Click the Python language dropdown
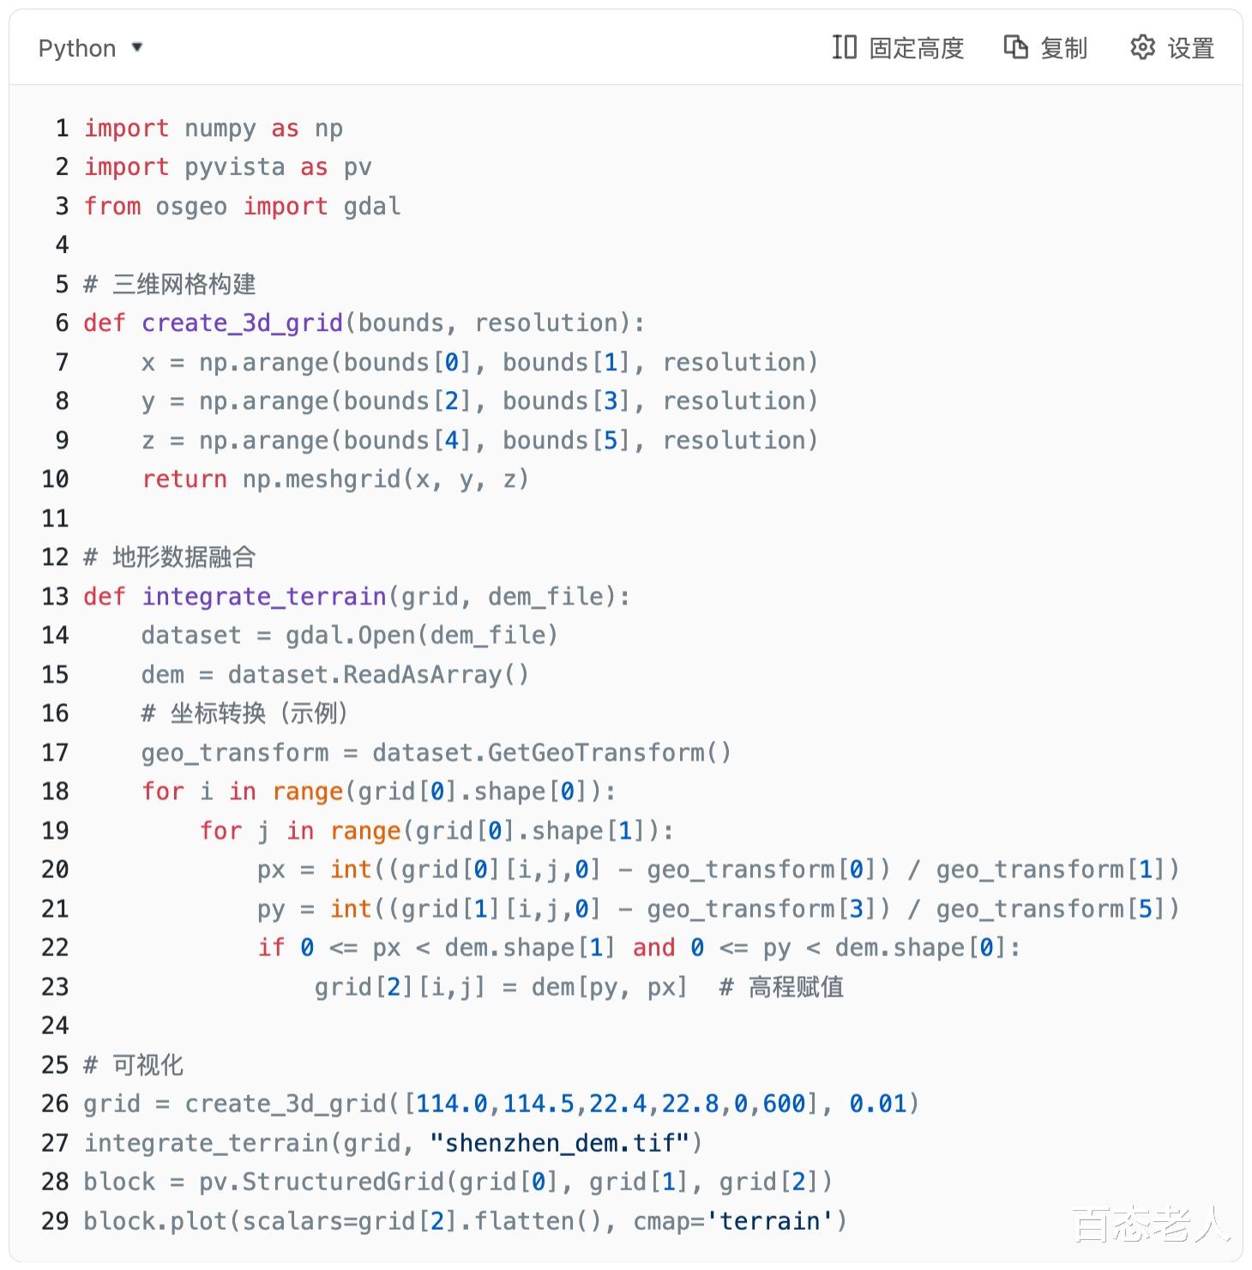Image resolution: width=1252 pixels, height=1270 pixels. point(89,48)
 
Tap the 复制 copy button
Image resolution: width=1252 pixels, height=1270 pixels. point(1045,48)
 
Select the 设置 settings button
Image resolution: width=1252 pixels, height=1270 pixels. point(1171,48)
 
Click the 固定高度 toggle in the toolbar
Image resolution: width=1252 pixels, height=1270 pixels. point(898,48)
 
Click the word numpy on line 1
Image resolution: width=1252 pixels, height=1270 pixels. point(220,129)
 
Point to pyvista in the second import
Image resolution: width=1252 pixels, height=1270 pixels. point(234,167)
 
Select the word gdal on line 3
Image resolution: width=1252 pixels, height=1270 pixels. point(371,207)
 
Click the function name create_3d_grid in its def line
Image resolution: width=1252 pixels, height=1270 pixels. point(242,323)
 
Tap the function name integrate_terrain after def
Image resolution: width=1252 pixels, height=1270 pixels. point(264,596)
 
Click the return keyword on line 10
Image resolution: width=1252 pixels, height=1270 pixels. point(184,479)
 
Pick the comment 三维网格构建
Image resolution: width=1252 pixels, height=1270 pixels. point(184,285)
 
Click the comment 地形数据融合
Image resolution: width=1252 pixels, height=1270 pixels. point(184,557)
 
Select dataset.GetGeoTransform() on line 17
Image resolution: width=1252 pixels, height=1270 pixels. point(551,753)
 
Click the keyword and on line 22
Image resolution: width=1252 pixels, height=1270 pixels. point(653,948)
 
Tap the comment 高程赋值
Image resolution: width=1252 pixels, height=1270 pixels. point(796,987)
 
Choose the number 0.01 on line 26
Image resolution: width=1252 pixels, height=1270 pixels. point(877,1104)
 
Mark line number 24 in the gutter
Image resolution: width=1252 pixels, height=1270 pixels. point(55,1026)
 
